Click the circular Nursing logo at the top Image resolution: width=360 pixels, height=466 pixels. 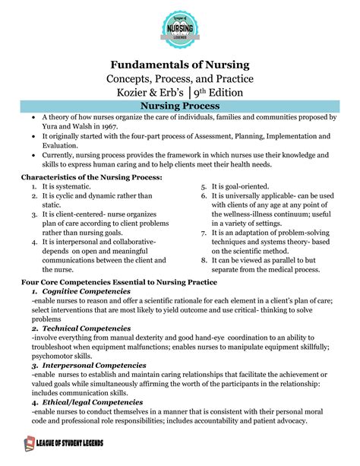(180, 30)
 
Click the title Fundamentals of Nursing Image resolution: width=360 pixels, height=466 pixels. (180, 65)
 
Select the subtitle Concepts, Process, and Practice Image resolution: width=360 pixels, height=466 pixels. (180, 80)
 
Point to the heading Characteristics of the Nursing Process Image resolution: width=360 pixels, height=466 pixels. (90, 177)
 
